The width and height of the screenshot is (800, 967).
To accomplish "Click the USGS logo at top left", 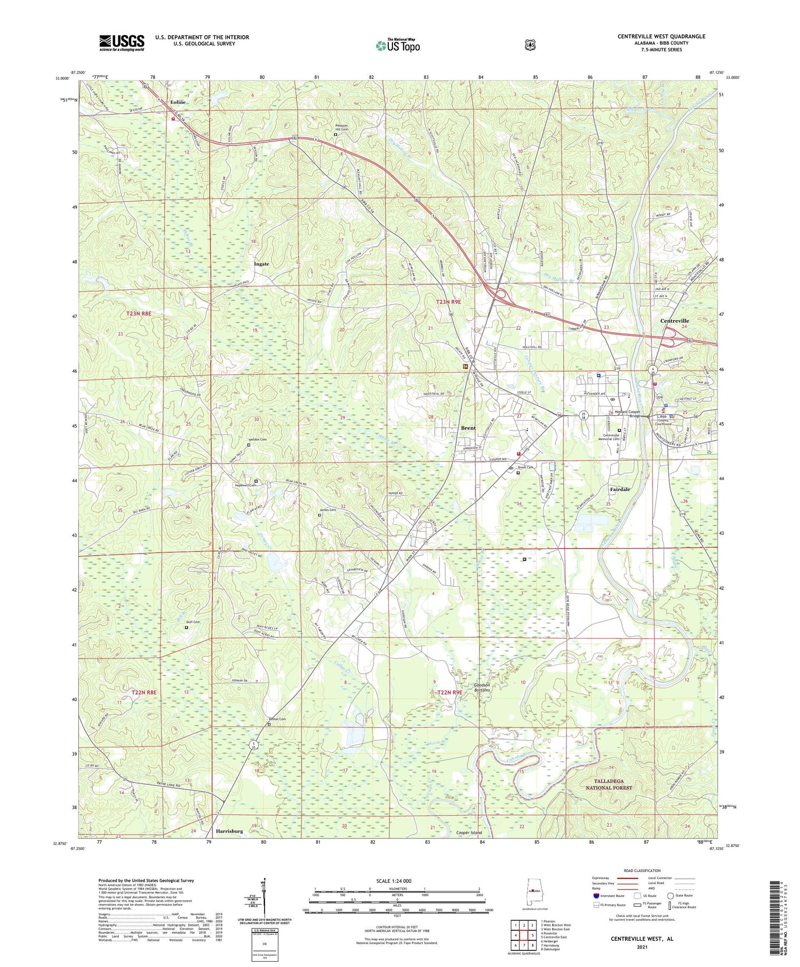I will [x=122, y=43].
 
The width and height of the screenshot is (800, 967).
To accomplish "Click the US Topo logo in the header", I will [x=398, y=46].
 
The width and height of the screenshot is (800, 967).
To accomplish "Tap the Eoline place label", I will [x=178, y=102].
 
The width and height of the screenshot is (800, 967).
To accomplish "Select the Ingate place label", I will [x=261, y=264].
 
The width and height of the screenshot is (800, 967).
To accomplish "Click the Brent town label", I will [x=468, y=428].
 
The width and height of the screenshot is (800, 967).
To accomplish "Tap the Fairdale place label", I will [x=620, y=489].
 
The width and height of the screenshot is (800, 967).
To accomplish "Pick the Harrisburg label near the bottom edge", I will [x=229, y=831].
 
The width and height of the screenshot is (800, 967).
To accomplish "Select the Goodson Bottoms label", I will [x=482, y=688].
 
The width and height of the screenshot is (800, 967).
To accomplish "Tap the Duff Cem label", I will [x=193, y=622].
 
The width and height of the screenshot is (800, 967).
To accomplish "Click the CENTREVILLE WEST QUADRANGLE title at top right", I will [x=661, y=36].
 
